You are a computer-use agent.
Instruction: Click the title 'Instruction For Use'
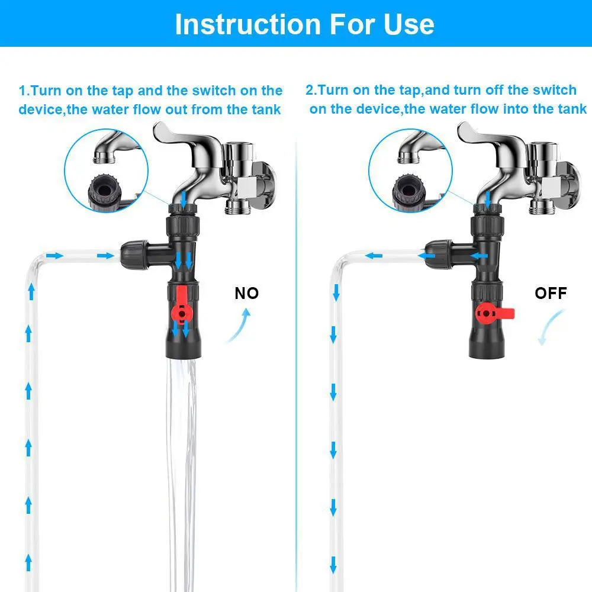(x=304, y=24)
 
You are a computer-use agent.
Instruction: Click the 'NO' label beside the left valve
(x=247, y=293)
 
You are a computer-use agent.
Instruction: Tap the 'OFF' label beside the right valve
(x=550, y=293)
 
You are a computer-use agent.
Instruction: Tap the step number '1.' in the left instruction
(x=24, y=91)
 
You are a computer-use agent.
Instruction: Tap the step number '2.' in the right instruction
(x=311, y=90)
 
